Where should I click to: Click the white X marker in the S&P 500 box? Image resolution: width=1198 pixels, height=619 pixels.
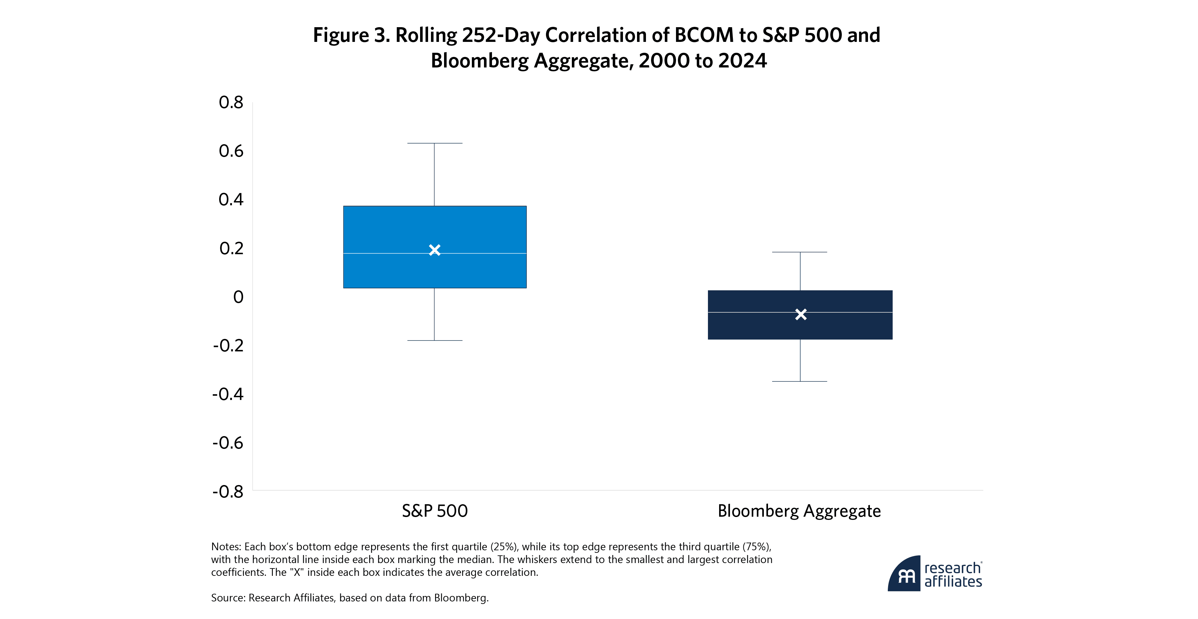(434, 250)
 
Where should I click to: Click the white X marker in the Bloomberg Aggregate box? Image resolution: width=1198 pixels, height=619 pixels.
(800, 315)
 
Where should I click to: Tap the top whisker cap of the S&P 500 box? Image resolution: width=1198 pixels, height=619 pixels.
(434, 143)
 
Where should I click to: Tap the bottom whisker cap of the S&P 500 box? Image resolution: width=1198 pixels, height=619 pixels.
(434, 341)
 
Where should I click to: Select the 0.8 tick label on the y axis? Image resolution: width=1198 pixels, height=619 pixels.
(231, 102)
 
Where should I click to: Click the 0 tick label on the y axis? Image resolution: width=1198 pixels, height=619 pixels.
(238, 297)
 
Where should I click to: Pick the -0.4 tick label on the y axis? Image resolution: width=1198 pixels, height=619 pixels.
(228, 394)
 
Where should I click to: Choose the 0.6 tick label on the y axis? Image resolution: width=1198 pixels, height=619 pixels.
(231, 151)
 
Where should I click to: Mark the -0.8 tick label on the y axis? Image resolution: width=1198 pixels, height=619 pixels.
(228, 491)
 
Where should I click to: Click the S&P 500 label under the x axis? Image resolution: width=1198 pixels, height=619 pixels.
(434, 511)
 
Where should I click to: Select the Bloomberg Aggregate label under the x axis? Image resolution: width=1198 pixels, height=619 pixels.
(799, 511)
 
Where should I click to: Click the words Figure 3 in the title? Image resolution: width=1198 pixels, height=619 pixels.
(351, 35)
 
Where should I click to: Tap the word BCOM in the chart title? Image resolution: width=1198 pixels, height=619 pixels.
(704, 35)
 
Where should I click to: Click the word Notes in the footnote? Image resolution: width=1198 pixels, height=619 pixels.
(226, 546)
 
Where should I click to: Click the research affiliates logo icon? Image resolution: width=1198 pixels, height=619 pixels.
(904, 574)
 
